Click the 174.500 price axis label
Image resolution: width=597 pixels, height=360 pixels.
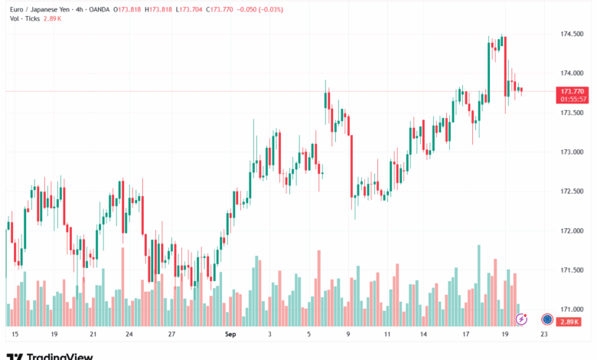click(x=571, y=34)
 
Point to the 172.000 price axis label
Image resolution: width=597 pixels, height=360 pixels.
click(x=571, y=231)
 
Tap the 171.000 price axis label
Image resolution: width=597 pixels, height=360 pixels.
click(x=571, y=309)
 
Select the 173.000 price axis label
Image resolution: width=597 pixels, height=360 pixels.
click(x=571, y=152)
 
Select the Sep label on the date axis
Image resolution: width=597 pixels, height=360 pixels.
click(x=230, y=335)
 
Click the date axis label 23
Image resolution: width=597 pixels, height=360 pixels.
click(x=543, y=335)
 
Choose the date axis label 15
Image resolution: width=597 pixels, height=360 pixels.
click(x=15, y=335)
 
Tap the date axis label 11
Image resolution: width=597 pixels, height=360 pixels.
click(x=388, y=335)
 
